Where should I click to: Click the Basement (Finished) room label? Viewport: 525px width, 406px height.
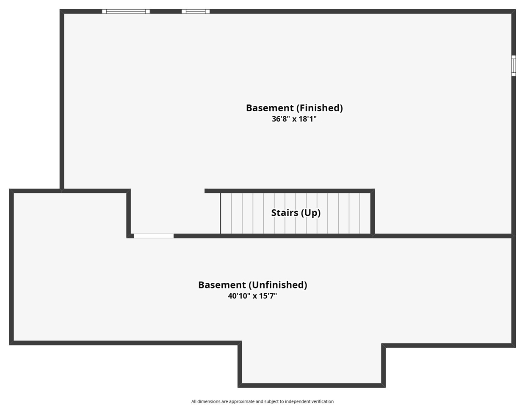click(x=294, y=108)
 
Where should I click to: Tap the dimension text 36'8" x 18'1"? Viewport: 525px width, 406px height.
click(x=294, y=119)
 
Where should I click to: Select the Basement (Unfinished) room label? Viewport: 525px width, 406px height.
click(x=252, y=285)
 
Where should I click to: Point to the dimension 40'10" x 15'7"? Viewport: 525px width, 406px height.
click(x=252, y=296)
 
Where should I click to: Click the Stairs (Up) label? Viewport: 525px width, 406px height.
click(x=296, y=213)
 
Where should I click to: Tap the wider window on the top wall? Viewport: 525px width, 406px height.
click(x=126, y=11)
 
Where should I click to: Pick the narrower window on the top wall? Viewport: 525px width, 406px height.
click(x=196, y=11)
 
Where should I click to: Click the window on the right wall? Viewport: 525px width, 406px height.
click(x=514, y=66)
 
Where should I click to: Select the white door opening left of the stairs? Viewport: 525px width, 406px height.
click(x=154, y=236)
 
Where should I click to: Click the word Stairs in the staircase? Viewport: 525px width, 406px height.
click(x=285, y=213)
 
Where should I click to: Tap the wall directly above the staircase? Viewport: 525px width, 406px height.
click(x=290, y=191)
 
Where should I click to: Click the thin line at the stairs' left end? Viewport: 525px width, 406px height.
click(x=220, y=213)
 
